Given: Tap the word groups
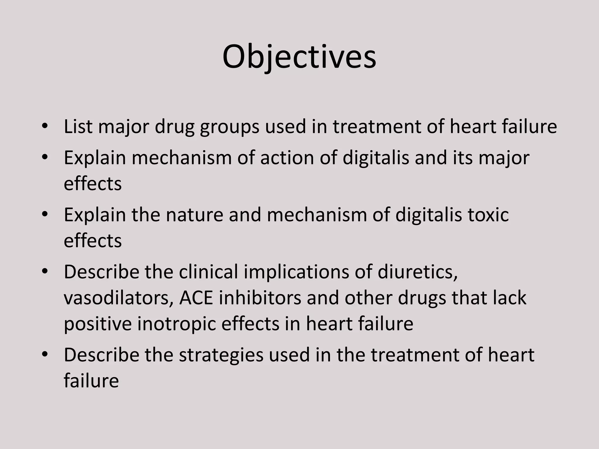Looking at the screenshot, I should pyautogui.click(x=230, y=127).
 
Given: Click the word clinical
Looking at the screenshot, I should pyautogui.click(x=208, y=272).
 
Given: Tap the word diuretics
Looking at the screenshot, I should pyautogui.click(x=417, y=272).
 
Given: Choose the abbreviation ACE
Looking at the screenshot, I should pyautogui.click(x=196, y=298).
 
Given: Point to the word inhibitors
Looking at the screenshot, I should pyautogui.click(x=260, y=298).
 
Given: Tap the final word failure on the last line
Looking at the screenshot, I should pyautogui.click(x=91, y=381).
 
